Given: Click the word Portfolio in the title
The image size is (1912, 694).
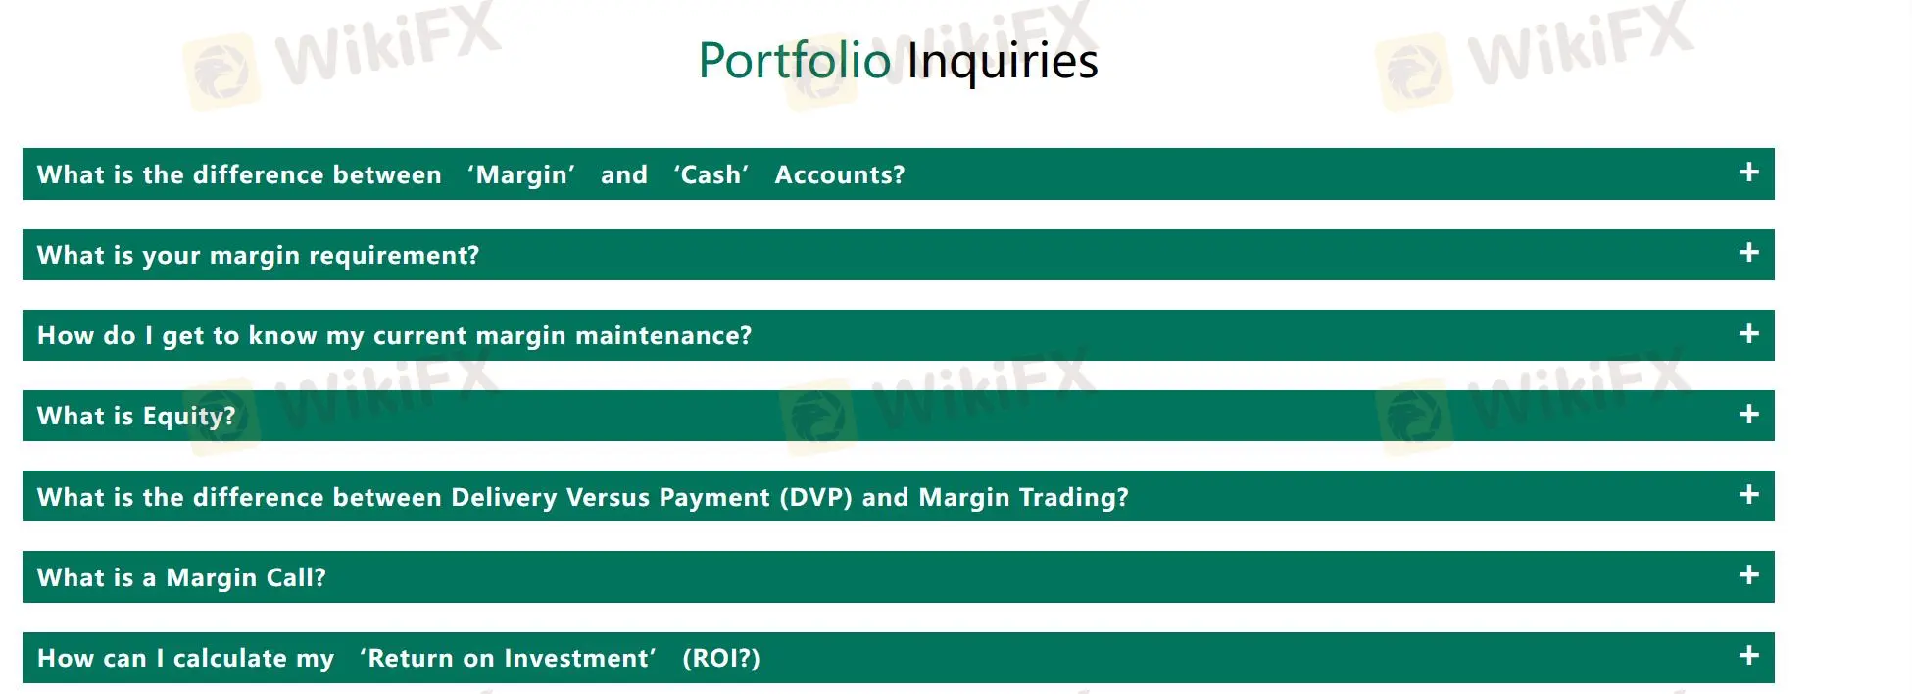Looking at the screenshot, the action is [795, 61].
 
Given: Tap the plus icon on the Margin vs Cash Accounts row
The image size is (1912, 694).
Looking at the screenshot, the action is [1749, 173].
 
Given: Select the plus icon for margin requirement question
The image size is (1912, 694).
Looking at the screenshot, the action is [1749, 253].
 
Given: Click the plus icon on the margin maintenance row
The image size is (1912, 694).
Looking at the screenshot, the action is [1749, 334].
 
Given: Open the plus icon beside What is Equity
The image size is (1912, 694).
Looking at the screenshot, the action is [1749, 415].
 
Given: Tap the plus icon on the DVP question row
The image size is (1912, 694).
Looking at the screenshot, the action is [1749, 495].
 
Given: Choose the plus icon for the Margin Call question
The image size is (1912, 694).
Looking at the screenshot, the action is [1749, 575].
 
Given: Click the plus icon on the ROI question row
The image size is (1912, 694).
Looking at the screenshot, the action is [1749, 656].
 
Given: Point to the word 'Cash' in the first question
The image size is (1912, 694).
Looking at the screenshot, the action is [711, 174].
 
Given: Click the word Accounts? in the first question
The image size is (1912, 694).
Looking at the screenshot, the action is [840, 174].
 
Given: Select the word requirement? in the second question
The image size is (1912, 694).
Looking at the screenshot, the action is [394, 256].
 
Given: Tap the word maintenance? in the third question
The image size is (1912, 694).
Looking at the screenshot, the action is [663, 336].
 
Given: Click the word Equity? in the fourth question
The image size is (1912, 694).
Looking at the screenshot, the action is [189, 417].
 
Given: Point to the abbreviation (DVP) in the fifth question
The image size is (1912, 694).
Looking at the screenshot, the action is [815, 497].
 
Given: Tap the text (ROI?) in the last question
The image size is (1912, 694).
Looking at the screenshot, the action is [721, 658].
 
